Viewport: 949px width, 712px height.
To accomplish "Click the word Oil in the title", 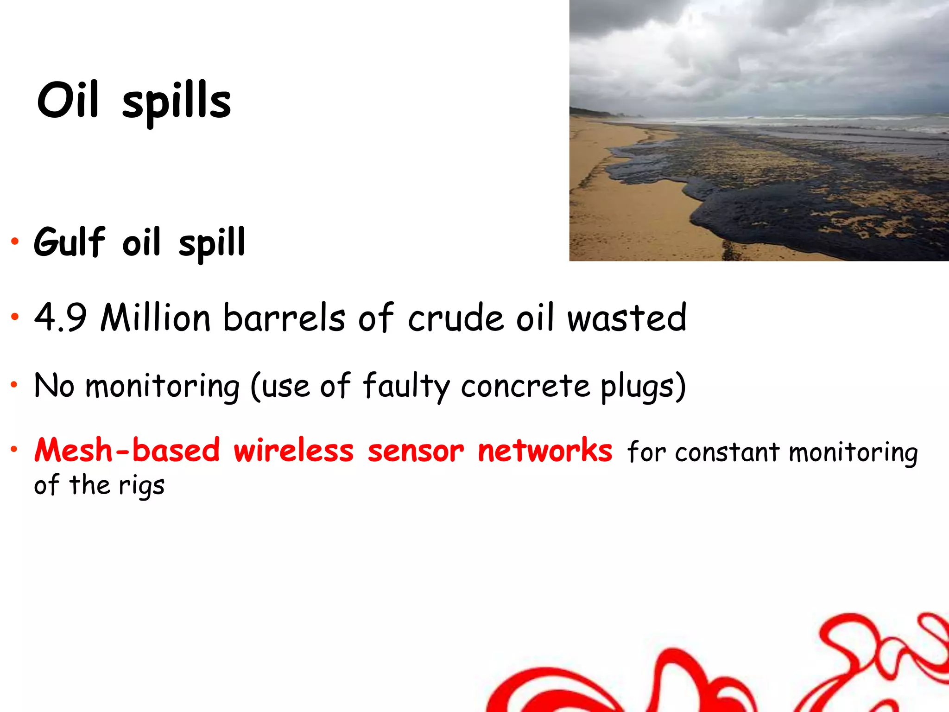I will click(68, 100).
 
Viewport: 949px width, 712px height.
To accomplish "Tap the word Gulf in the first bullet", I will click(70, 242).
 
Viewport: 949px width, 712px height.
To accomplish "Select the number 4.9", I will click(60, 318).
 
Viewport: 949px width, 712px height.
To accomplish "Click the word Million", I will click(156, 318).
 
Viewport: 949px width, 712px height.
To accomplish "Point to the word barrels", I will click(284, 318).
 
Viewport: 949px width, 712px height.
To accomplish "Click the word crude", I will click(456, 319).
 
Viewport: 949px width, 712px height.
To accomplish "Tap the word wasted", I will click(626, 318).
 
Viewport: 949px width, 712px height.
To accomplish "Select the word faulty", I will click(406, 387).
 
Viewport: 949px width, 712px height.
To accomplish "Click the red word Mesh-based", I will click(127, 451).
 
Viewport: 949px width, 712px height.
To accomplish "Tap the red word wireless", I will click(293, 451).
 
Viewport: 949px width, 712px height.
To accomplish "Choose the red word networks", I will click(545, 451).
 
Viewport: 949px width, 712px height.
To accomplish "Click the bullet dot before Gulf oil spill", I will click(15, 242).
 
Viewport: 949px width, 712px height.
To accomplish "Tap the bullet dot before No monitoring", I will click(15, 384).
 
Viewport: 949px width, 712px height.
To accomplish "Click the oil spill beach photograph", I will click(759, 130).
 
